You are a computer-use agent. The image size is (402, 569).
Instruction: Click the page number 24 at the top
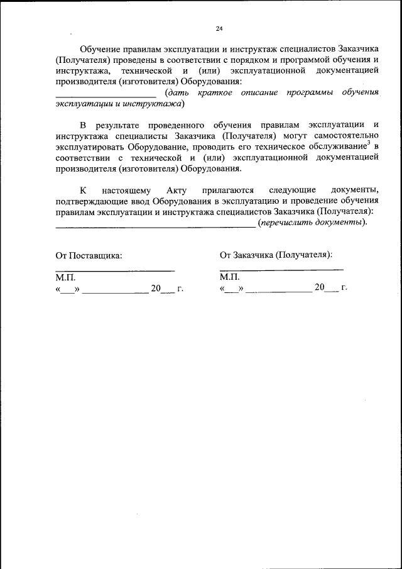[219, 28]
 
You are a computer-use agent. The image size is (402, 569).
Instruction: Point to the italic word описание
[258, 92]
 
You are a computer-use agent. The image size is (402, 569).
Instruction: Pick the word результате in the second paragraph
[119, 125]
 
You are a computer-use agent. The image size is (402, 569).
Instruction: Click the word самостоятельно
[344, 136]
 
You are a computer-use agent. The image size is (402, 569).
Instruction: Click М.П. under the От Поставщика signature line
[65, 277]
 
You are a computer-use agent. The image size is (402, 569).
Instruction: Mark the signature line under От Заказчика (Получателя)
[281, 270]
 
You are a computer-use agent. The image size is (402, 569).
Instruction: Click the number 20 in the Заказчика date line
[320, 287]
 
